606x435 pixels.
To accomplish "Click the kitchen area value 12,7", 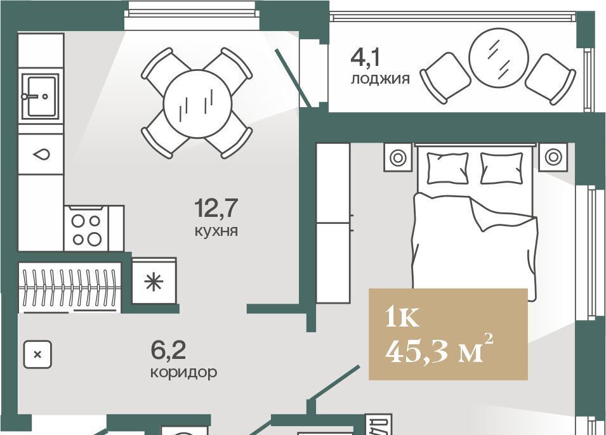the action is coord(216,208).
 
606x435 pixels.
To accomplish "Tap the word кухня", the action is coord(216,231).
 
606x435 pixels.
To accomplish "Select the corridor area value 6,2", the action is coord(168,350).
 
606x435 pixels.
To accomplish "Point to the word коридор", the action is coord(183,372).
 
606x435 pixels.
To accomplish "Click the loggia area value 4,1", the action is coord(366,58).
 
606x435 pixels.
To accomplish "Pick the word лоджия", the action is coord(380,79).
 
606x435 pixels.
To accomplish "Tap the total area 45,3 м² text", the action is coord(439,351).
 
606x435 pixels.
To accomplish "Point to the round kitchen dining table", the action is coord(197,103).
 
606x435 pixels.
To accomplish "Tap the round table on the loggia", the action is coord(498,58).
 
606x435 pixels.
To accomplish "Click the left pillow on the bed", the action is coord(448,168).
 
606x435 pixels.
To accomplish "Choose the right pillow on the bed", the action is coord(501,168).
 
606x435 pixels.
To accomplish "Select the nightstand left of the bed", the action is coord(397,157).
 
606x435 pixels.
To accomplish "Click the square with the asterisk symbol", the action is coord(154,282).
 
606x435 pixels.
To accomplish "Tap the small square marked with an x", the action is coord(37,354).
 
